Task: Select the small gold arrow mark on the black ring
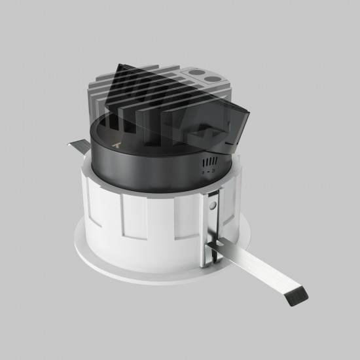[x=116, y=142]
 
